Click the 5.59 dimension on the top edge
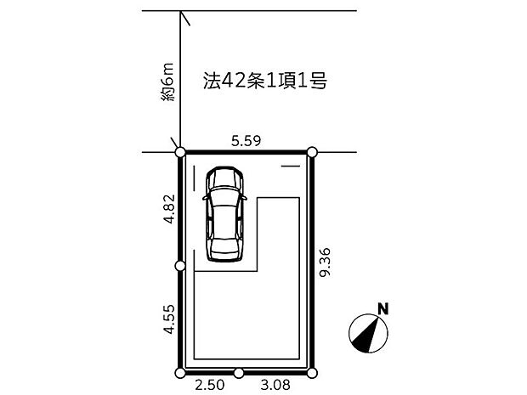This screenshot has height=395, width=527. tap(246, 141)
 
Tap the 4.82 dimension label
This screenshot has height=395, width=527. tap(169, 209)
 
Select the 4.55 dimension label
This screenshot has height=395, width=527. tap(169, 319)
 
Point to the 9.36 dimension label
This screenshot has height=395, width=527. tap(325, 262)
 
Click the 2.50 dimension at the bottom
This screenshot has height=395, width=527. tap(210, 385)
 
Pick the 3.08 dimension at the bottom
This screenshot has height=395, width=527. tap(275, 385)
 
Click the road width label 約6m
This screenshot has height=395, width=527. tap(167, 82)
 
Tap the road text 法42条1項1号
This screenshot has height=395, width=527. tap(265, 81)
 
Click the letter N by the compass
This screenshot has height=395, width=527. tap(383, 308)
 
